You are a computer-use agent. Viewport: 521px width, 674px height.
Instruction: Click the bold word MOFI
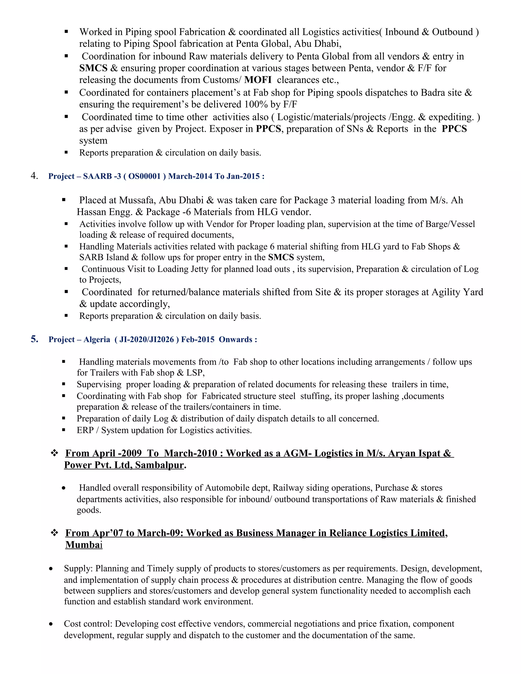(258, 80)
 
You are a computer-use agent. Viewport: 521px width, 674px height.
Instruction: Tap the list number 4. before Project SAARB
(34, 176)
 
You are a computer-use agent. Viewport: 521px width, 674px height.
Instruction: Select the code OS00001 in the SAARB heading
(144, 176)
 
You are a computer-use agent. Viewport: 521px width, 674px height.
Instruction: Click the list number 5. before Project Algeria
(34, 339)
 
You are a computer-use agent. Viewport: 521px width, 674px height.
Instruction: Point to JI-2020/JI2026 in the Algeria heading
(146, 340)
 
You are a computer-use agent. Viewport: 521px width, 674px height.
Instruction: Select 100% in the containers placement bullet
(256, 104)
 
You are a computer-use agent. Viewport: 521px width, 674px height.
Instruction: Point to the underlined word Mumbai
(84, 545)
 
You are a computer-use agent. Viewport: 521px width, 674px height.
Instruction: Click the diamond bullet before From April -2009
(54, 453)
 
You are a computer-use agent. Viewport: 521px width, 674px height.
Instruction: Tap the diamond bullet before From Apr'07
(54, 533)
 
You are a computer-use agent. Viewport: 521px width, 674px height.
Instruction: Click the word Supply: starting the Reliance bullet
(78, 568)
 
